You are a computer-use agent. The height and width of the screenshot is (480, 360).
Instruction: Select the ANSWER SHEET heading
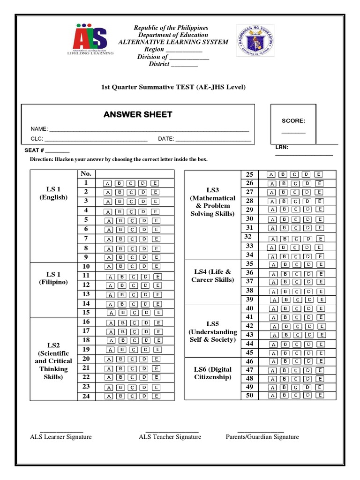(x=138, y=115)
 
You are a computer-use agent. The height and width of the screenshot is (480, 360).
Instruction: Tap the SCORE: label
(x=293, y=121)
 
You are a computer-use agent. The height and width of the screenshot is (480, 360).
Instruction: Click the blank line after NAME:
(x=149, y=129)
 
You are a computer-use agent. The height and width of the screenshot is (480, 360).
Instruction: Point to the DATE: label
(x=165, y=139)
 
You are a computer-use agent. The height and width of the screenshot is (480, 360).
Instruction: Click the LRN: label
(x=282, y=148)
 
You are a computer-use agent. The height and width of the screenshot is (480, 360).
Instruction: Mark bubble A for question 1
(x=108, y=183)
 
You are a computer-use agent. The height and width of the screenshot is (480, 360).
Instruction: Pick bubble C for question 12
(x=133, y=285)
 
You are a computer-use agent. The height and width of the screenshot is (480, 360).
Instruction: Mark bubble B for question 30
(x=284, y=219)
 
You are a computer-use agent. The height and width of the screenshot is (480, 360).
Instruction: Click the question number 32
(x=248, y=237)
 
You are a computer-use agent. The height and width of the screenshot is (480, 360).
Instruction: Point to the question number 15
(x=86, y=312)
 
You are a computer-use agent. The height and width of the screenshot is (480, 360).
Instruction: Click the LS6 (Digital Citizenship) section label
(x=212, y=373)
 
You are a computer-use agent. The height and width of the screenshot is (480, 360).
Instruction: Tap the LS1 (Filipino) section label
(x=53, y=277)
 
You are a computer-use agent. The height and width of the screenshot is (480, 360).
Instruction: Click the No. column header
(x=86, y=173)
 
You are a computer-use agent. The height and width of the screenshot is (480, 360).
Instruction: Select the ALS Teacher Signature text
(x=170, y=437)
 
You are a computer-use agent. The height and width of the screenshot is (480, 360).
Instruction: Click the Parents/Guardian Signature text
(x=262, y=437)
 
